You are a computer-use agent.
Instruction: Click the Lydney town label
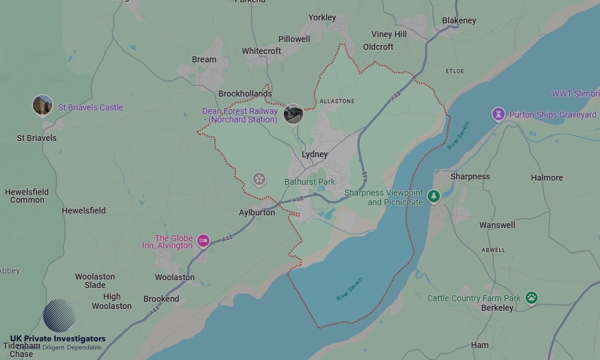pyautogui.click(x=314, y=154)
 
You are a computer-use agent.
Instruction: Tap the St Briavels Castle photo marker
pyautogui.click(x=43, y=106)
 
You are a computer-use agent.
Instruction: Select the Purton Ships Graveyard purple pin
pyautogui.click(x=498, y=113)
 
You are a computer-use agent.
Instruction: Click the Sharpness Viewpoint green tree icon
pyautogui.click(x=433, y=196)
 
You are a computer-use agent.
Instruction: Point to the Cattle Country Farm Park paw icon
pyautogui.click(x=531, y=296)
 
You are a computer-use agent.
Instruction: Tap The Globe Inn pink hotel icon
pyautogui.click(x=203, y=241)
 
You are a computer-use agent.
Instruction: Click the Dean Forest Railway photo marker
pyautogui.click(x=293, y=113)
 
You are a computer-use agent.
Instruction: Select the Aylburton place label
pyautogui.click(x=257, y=212)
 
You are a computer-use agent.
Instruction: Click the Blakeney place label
pyautogui.click(x=459, y=20)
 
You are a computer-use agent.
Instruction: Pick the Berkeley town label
pyautogui.click(x=497, y=308)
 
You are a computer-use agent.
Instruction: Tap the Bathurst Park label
pyautogui.click(x=310, y=181)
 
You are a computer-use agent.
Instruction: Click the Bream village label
pyautogui.click(x=204, y=59)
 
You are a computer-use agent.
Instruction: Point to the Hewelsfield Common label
pyautogui.click(x=27, y=196)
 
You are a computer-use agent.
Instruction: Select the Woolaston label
pyautogui.click(x=175, y=277)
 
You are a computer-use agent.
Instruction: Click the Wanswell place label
pyautogui.click(x=497, y=225)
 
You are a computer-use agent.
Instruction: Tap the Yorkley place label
pyautogui.click(x=322, y=17)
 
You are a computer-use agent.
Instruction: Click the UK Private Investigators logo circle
pyautogui.click(x=59, y=316)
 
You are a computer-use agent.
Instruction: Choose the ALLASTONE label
pyautogui.click(x=337, y=101)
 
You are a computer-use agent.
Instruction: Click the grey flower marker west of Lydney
pyautogui.click(x=259, y=178)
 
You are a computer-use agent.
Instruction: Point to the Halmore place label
pyautogui.click(x=547, y=178)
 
